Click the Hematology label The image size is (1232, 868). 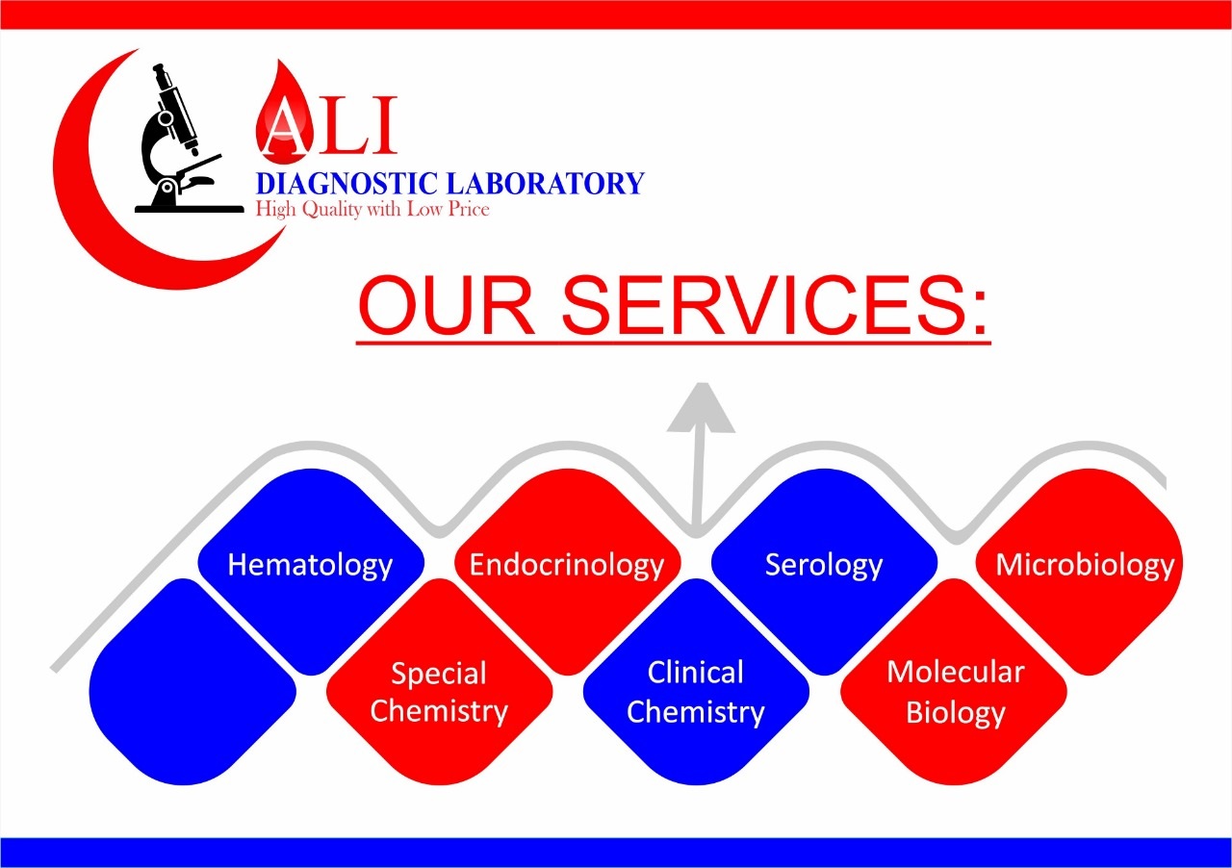click(310, 566)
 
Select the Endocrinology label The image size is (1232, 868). click(567, 566)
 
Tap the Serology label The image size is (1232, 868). click(823, 566)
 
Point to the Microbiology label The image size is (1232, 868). click(1085, 566)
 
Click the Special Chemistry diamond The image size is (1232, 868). click(440, 681)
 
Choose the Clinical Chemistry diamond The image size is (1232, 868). click(696, 681)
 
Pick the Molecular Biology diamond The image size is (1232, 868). click(954, 681)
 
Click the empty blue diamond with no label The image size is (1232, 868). click(192, 681)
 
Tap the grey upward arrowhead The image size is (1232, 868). click(702, 408)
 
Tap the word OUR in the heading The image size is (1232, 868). click(446, 306)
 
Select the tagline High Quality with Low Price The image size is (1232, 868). click(372, 210)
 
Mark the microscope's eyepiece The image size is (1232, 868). click(160, 70)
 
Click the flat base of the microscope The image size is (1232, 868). click(190, 210)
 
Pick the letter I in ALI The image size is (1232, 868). click(385, 125)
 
